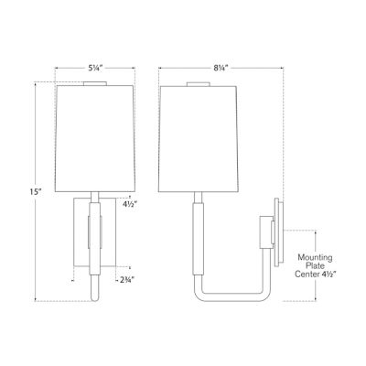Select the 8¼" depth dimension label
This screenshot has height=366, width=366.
pyautogui.click(x=219, y=66)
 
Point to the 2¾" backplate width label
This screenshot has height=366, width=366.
pyautogui.click(x=128, y=279)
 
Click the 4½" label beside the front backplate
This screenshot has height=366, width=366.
pyautogui.click(x=130, y=206)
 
